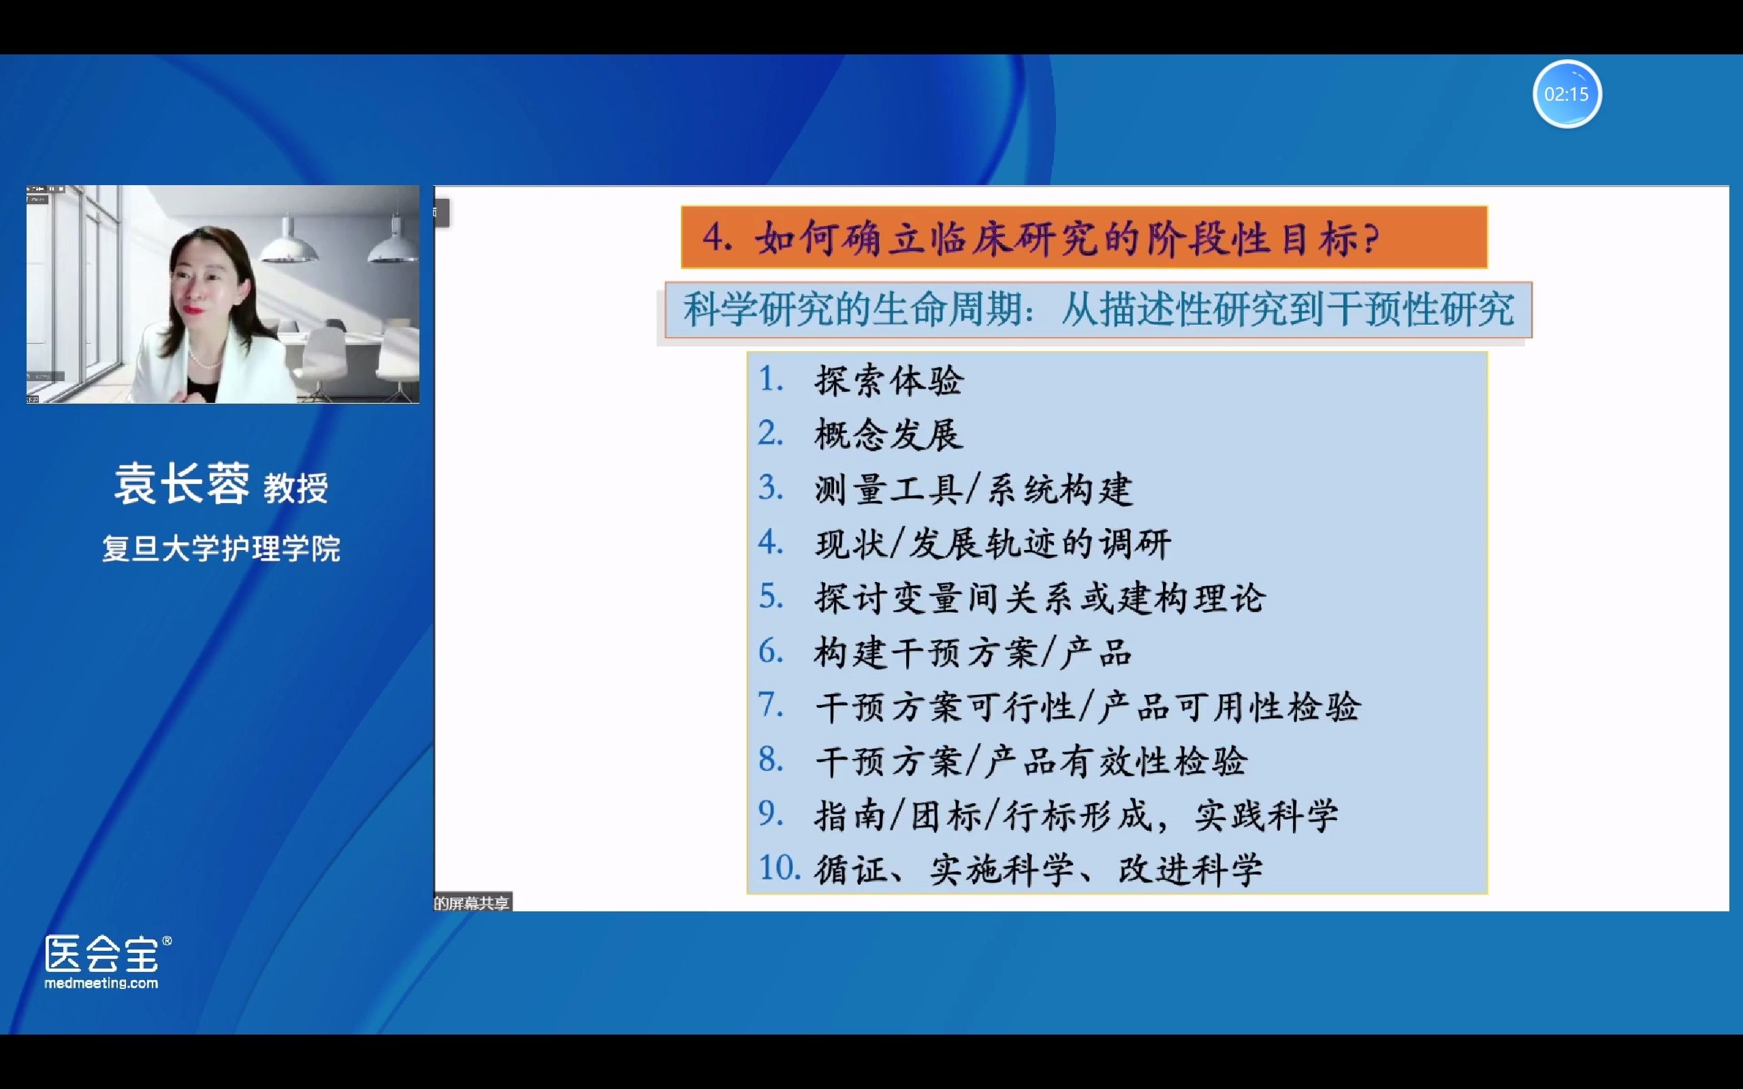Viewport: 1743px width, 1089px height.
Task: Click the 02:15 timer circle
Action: pos(1566,95)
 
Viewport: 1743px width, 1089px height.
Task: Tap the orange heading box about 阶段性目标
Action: pos(1083,238)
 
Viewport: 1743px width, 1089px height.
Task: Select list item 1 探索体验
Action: pos(889,381)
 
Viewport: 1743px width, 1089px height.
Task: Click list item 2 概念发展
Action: pos(889,435)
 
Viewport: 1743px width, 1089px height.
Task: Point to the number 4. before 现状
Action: pos(770,542)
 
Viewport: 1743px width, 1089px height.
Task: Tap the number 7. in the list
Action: pos(770,705)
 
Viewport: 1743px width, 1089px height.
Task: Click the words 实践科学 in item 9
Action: pos(1266,815)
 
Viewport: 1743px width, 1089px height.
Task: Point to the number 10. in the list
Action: pos(779,868)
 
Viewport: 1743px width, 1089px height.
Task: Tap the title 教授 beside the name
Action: pos(295,488)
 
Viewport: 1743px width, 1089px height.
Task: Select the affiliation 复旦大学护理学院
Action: pos(221,549)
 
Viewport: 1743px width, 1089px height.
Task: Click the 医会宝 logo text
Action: pos(101,954)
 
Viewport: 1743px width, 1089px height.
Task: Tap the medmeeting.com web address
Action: pos(101,983)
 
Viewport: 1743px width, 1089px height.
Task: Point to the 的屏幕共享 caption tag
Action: pos(472,903)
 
